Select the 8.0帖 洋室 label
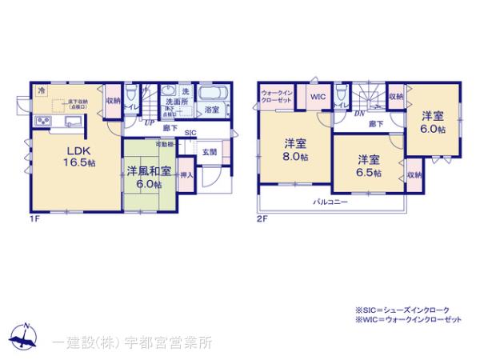[x=294, y=150]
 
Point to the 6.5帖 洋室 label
[x=369, y=165]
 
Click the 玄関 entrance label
[x=209, y=151]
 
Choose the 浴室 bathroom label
[x=211, y=109]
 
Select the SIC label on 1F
[x=190, y=133]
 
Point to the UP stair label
[x=149, y=122]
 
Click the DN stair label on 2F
[x=360, y=114]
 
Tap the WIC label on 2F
[x=317, y=97]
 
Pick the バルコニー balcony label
[x=330, y=202]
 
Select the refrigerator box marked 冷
[x=40, y=92]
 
